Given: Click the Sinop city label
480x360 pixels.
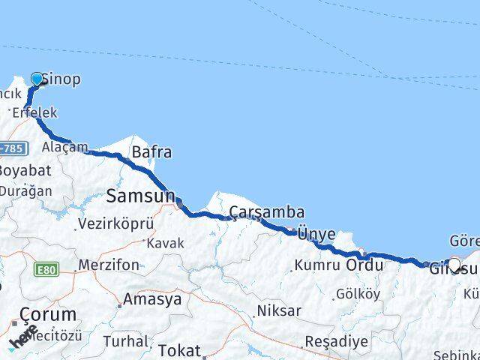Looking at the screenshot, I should [x=61, y=79].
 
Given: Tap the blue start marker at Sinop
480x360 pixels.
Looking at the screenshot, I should [x=37, y=79].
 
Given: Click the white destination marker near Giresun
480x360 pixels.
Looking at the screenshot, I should [x=453, y=264].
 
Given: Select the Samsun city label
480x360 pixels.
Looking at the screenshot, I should [x=140, y=196].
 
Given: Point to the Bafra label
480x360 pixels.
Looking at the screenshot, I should [x=151, y=152].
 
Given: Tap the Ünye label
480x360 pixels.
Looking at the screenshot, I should [x=316, y=234].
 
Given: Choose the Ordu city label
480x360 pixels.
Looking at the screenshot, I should [x=365, y=265].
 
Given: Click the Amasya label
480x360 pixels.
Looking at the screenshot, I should [x=152, y=299].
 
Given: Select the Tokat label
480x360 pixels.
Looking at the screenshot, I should [x=179, y=350].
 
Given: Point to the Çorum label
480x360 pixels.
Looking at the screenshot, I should [x=47, y=314].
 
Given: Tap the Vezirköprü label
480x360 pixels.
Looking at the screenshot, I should [x=118, y=223].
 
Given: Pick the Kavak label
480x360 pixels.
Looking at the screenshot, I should [x=165, y=244].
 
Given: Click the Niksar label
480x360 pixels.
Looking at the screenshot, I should [x=279, y=310].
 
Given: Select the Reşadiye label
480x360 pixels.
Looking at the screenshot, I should [x=336, y=342].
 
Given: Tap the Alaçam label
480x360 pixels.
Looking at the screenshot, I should [x=64, y=147].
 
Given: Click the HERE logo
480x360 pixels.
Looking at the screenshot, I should [x=24, y=336].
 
